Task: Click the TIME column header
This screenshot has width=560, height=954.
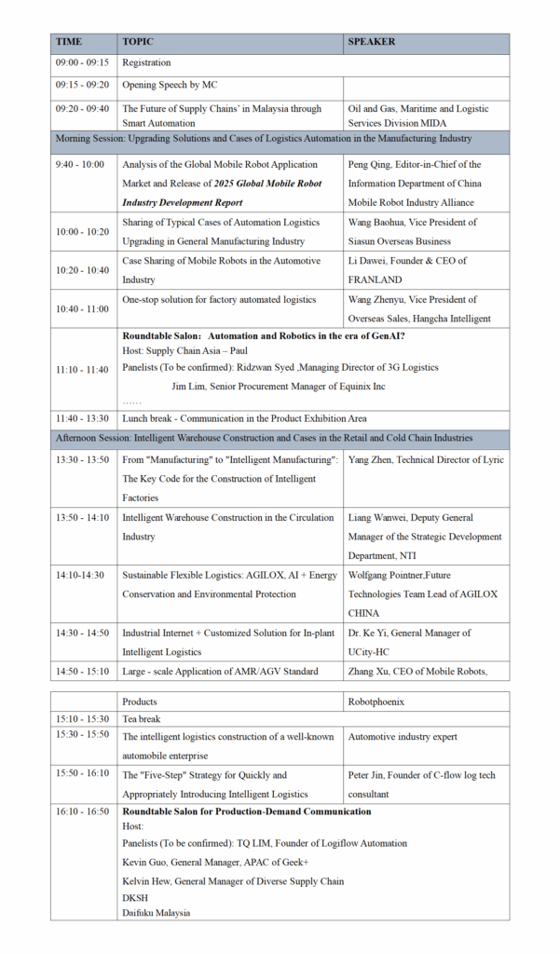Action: pyautogui.click(x=69, y=42)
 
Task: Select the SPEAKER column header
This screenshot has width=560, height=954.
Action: pyautogui.click(x=372, y=42)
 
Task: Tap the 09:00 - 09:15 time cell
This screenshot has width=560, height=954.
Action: pyautogui.click(x=82, y=63)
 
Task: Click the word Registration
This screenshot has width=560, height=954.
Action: pyautogui.click(x=147, y=63)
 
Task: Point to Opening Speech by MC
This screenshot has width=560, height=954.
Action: pyautogui.click(x=170, y=85)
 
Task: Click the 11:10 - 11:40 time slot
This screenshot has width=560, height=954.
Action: pyautogui.click(x=82, y=370)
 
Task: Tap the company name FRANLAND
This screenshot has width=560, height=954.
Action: pyautogui.click(x=376, y=279)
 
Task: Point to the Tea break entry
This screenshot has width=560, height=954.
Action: pyautogui.click(x=142, y=719)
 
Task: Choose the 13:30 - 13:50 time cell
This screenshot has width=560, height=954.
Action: pyautogui.click(x=82, y=460)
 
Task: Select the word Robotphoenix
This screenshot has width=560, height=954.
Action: pyautogui.click(x=378, y=702)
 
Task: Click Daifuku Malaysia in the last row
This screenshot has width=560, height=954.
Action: pyautogui.click(x=157, y=913)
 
